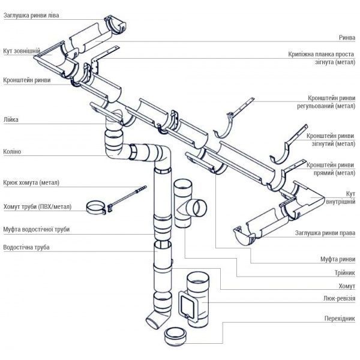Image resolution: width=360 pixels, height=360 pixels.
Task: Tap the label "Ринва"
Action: point(347,37)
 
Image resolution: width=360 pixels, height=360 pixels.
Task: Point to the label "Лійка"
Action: point(10,119)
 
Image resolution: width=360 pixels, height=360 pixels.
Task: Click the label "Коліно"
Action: point(12,152)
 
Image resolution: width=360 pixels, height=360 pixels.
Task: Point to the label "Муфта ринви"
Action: point(338,259)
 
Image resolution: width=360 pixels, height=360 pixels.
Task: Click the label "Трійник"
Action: point(343,272)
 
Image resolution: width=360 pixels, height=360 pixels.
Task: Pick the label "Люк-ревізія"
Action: point(337,298)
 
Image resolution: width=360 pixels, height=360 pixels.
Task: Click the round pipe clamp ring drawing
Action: point(97,208)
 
